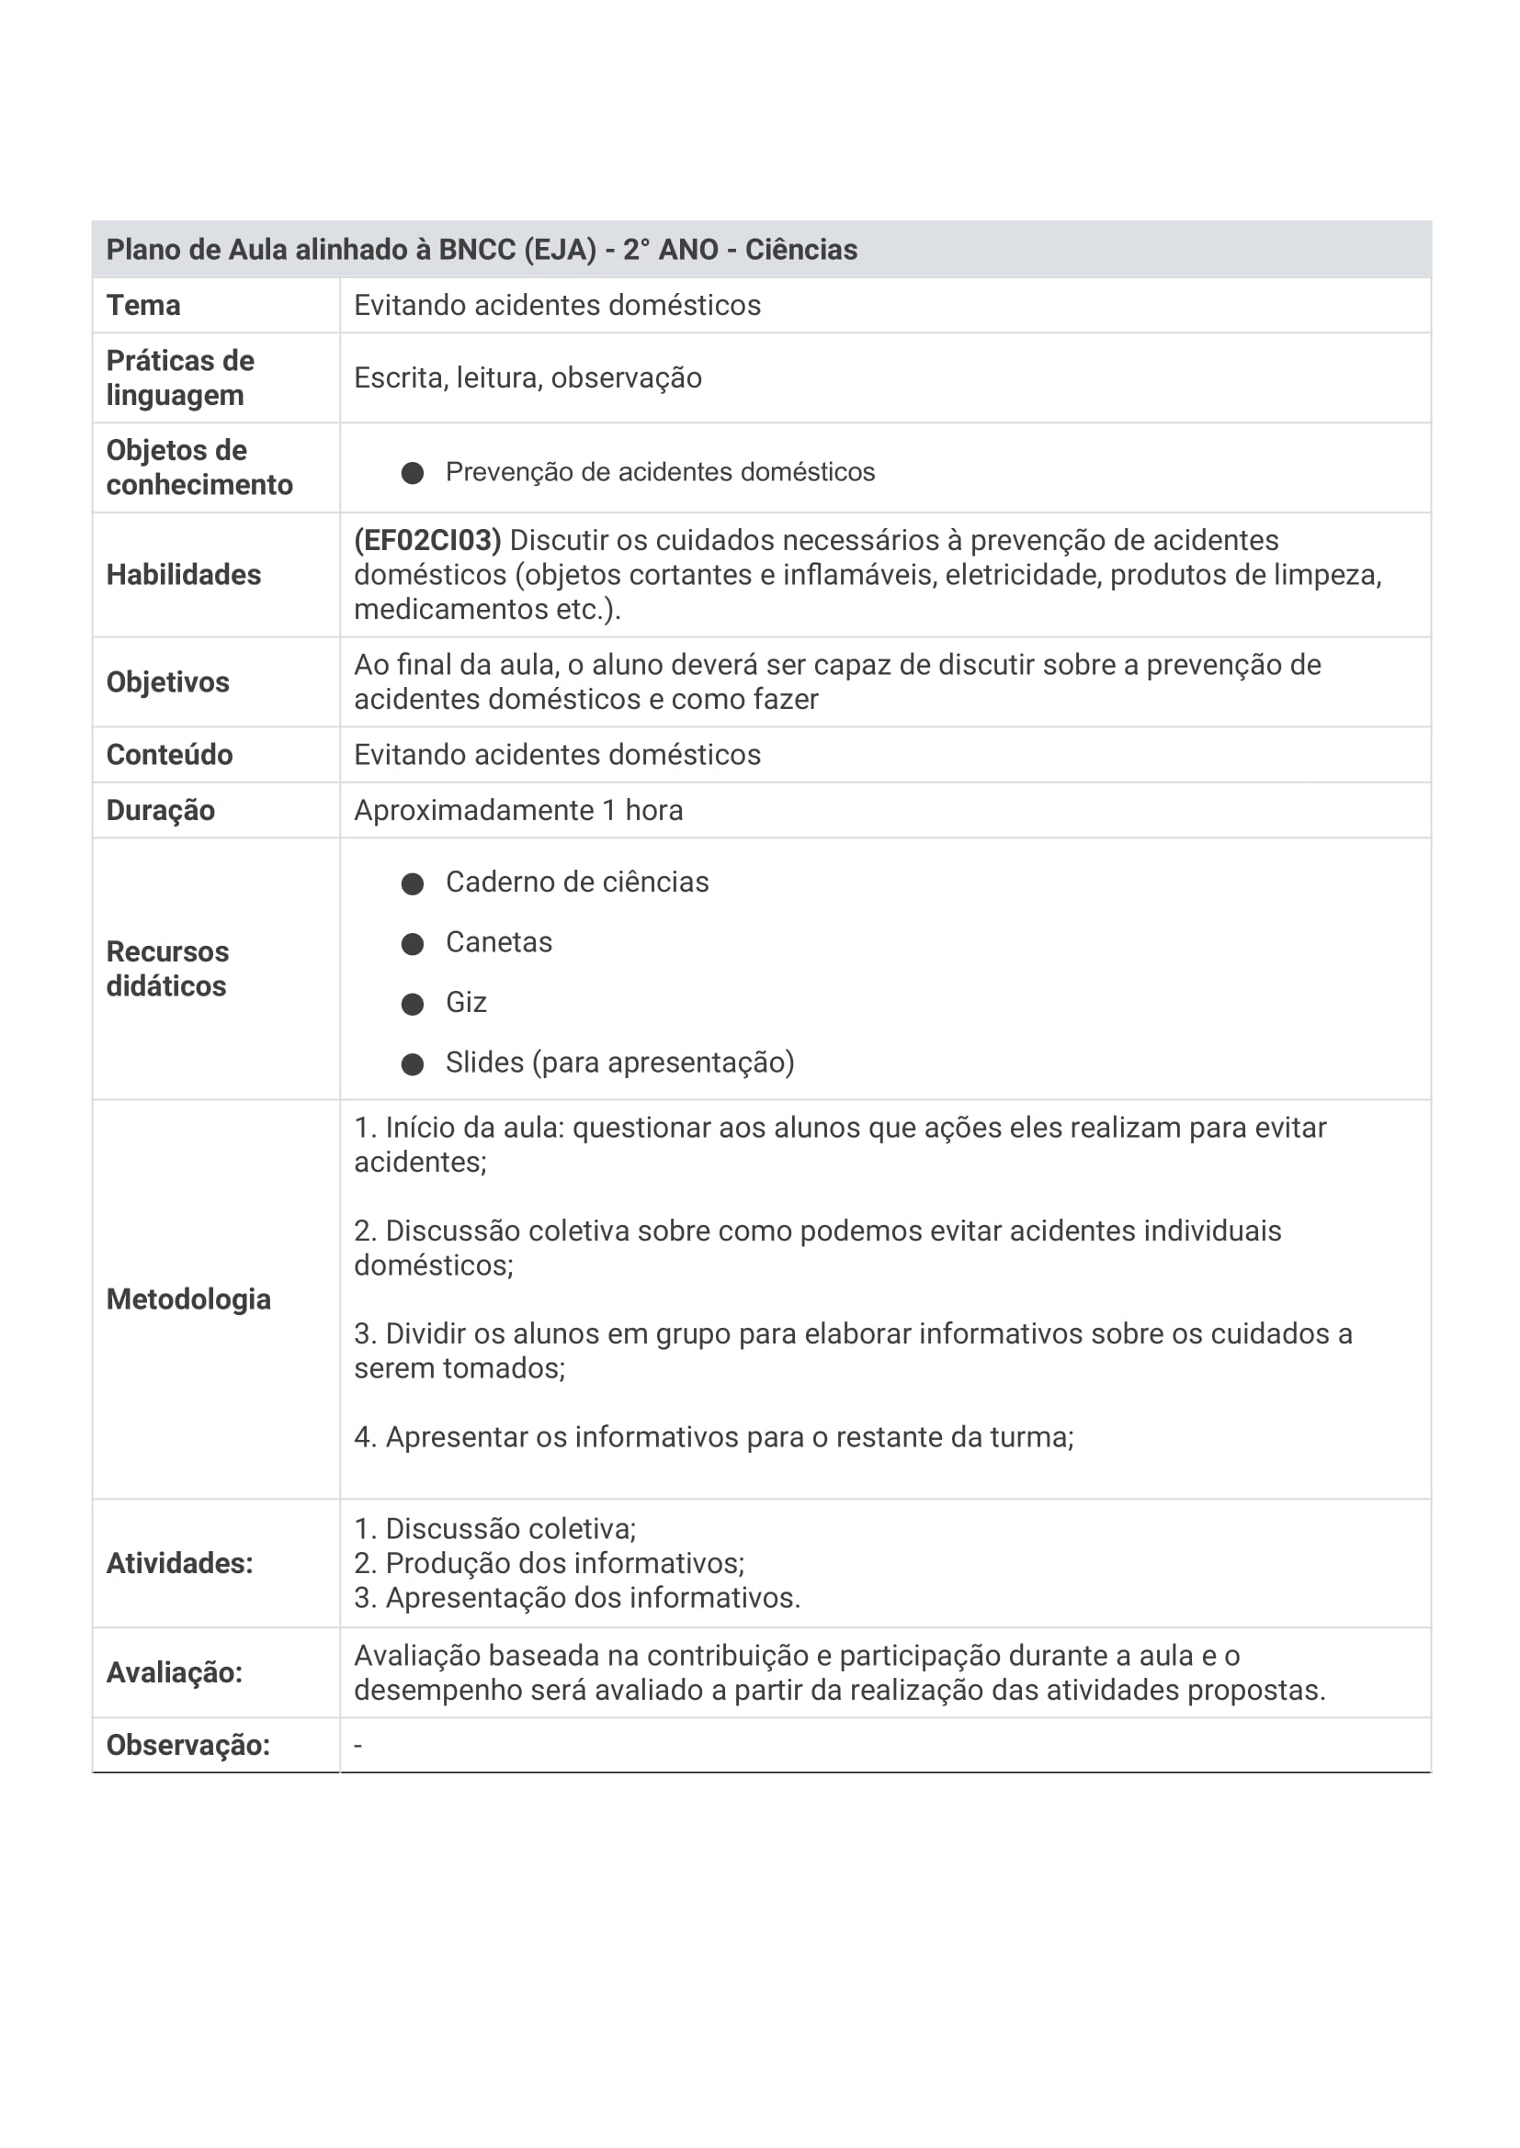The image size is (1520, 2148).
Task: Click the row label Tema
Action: [143, 306]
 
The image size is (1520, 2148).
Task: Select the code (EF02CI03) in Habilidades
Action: [427, 541]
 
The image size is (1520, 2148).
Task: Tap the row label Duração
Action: [160, 810]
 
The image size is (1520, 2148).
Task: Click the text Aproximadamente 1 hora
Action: [517, 810]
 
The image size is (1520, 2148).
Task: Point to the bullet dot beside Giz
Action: [413, 1004]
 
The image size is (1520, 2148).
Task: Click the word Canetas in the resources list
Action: [499, 942]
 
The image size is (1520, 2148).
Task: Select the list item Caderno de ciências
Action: [576, 883]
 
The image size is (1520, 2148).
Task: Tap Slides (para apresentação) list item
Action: [619, 1063]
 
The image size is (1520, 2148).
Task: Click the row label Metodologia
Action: [188, 1299]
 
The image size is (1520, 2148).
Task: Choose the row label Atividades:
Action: [180, 1563]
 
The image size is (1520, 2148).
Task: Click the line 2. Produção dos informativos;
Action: [550, 1563]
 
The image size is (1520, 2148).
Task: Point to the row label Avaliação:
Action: [174, 1672]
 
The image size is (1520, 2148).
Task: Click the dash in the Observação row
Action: [357, 1746]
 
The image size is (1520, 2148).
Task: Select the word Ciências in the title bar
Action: [801, 250]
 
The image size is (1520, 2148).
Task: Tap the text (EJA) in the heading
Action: [560, 250]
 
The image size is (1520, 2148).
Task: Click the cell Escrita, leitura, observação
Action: [527, 378]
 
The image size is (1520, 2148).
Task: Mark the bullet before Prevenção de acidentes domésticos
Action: [413, 472]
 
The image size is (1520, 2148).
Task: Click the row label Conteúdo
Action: [169, 755]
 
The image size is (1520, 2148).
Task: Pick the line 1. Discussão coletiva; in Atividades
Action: [495, 1529]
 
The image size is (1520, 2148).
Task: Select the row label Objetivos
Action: [167, 682]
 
